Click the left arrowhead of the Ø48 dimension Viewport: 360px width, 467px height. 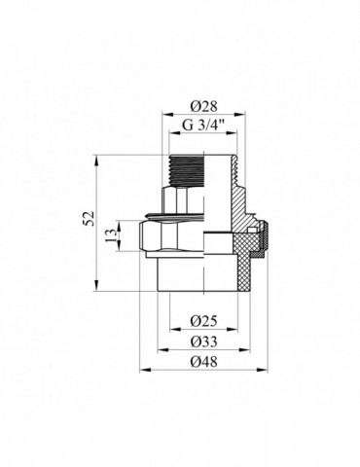tap(144, 371)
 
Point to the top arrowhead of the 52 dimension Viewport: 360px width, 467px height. tap(96, 156)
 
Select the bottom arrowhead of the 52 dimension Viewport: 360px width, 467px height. tap(96, 288)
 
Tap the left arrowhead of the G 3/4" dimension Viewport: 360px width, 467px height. tap(171, 133)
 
